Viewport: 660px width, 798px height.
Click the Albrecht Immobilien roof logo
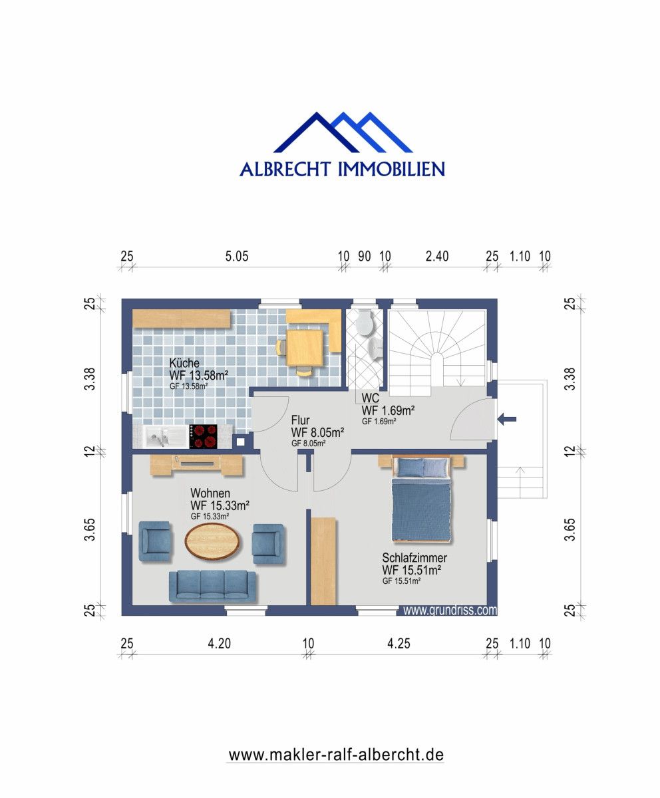[343, 133]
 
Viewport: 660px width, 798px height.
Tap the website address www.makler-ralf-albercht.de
[336, 755]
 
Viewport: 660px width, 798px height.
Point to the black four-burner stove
[204, 436]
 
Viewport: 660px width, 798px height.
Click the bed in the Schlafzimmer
[422, 499]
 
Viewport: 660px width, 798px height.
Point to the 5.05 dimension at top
[236, 257]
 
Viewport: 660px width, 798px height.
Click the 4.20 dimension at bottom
[220, 643]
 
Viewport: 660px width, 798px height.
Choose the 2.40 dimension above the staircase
[436, 257]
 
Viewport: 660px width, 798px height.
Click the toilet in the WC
[363, 323]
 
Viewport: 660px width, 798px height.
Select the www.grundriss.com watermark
[450, 609]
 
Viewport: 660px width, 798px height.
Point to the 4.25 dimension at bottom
[399, 643]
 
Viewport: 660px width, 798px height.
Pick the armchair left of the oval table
[155, 541]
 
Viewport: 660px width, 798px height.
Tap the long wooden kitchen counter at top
[182, 318]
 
